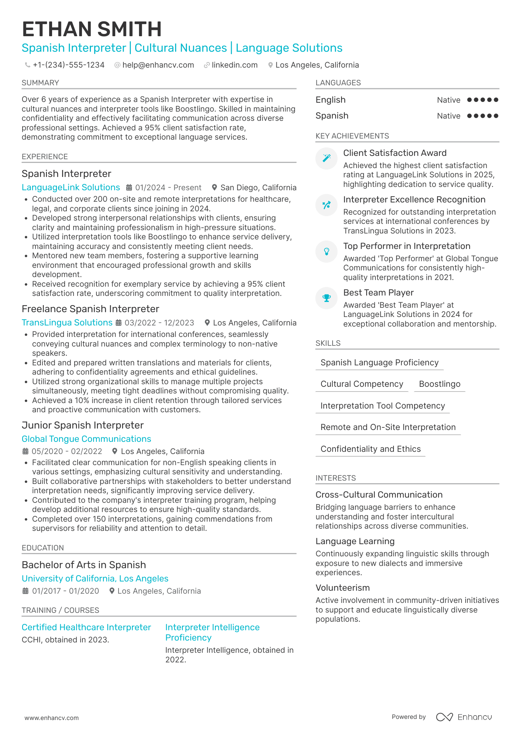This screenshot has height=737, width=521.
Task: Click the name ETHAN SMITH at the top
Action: point(92,29)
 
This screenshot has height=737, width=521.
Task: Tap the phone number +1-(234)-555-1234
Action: point(68,65)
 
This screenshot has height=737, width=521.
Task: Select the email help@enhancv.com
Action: point(158,65)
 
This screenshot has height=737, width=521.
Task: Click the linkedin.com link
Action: point(235,65)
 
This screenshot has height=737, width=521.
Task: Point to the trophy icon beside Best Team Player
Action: point(326,298)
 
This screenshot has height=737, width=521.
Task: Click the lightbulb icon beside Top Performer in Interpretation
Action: point(326,252)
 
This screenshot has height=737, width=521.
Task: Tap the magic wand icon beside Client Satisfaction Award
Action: point(326,158)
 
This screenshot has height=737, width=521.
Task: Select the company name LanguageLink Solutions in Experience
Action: point(71,187)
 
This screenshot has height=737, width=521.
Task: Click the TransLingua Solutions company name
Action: point(67,323)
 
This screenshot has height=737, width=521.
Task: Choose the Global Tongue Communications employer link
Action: point(86,439)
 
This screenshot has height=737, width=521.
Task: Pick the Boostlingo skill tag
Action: point(439,384)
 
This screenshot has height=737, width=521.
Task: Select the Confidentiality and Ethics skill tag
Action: point(370,449)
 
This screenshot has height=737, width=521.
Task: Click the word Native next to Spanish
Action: point(448,116)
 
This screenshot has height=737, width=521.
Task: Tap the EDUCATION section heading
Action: point(43,548)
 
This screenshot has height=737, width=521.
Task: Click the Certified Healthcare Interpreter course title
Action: point(86,627)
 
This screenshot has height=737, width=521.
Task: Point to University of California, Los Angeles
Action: point(95,579)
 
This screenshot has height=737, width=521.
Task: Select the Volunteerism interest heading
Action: point(343,588)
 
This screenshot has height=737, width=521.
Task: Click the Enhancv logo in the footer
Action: point(464,717)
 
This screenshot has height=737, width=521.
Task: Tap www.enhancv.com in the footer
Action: point(51,718)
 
